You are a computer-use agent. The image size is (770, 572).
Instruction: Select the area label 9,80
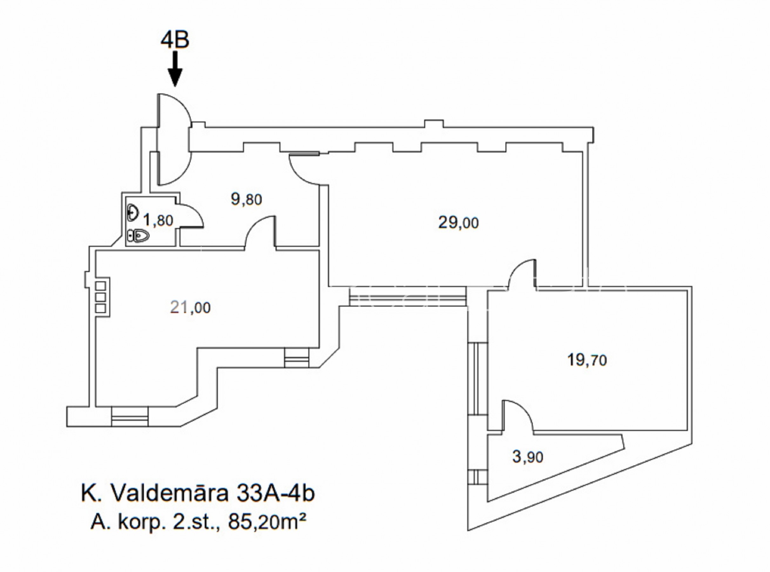pos(246,200)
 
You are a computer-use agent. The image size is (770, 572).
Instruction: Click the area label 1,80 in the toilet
pos(158,220)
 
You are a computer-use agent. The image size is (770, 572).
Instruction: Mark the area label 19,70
pos(587,360)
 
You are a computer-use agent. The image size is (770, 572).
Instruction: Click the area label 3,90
pos(528,457)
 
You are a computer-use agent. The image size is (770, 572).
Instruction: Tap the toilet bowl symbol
pos(138,236)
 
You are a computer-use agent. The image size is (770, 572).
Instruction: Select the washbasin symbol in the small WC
pos(133,212)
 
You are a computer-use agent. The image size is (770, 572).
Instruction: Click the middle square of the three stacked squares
pos(100,297)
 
